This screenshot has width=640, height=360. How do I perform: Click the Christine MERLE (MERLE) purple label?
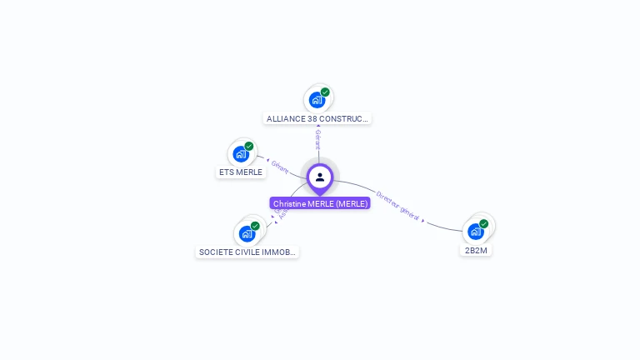[x=320, y=203]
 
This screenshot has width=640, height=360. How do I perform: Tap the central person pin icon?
[x=320, y=177]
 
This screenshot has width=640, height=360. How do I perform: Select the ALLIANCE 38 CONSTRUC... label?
[x=317, y=118]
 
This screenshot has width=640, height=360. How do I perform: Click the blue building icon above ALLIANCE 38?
[x=317, y=100]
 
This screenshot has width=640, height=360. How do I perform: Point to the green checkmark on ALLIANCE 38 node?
[x=325, y=92]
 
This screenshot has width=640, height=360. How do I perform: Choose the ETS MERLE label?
[x=241, y=172]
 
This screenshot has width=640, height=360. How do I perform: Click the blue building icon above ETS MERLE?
[x=241, y=154]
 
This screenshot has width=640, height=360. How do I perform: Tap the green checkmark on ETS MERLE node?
[x=249, y=146]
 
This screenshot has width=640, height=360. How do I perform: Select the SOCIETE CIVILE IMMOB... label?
[x=247, y=252]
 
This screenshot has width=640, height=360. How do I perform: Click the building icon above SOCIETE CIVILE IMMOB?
[x=247, y=233]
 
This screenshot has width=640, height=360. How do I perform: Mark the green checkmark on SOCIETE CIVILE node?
[x=255, y=225]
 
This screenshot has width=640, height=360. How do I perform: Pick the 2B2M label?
[x=476, y=250]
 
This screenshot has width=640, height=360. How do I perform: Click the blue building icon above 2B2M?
[x=475, y=232]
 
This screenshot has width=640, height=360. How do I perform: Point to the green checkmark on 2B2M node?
[x=483, y=223]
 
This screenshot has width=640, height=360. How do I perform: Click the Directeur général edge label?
[x=397, y=206]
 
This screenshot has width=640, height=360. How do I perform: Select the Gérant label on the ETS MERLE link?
[x=280, y=167]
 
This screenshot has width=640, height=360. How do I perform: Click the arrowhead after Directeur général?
[x=423, y=221]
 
